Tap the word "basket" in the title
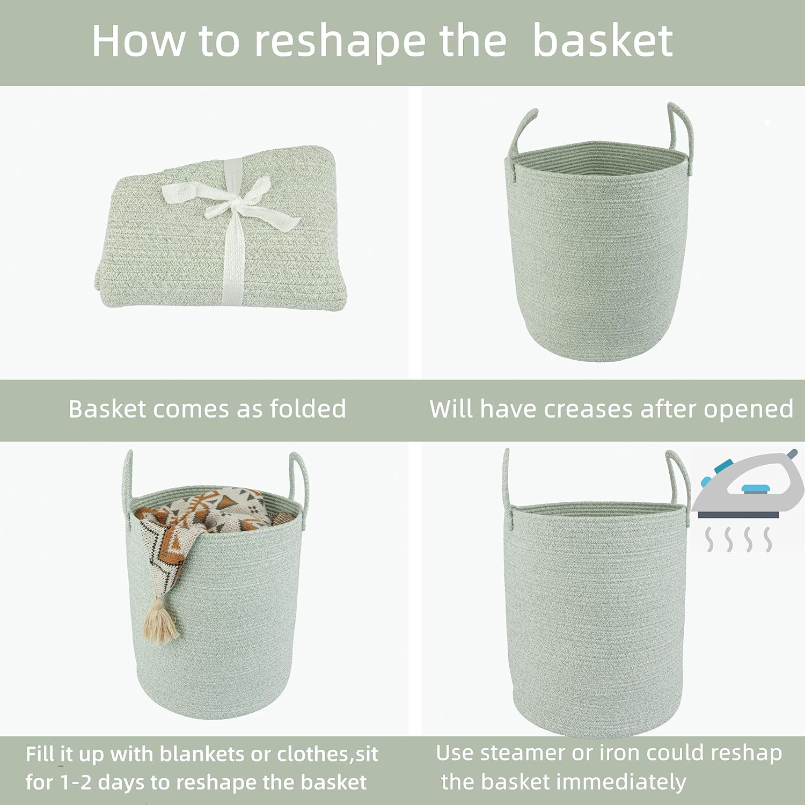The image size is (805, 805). pos(602,42)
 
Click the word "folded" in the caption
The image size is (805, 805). pos(308,409)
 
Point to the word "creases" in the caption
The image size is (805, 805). pos(589,409)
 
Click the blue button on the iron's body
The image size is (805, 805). pos(755,488)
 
